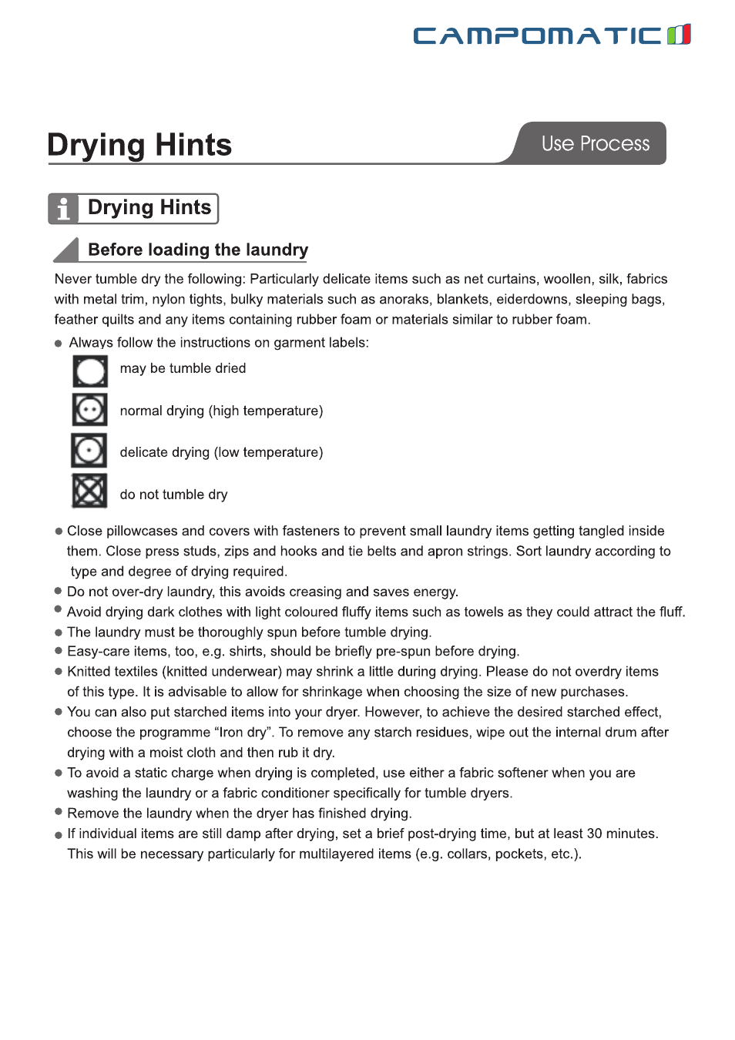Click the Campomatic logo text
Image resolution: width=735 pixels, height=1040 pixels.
[537, 35]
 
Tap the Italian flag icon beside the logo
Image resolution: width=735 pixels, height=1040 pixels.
[679, 35]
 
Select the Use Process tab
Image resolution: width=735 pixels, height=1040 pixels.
[595, 143]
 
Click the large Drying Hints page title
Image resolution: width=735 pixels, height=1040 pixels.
[139, 145]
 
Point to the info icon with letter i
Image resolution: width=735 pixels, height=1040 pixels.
[63, 209]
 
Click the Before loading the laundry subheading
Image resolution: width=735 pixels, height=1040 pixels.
[198, 250]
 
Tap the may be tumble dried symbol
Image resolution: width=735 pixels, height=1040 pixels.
[90, 371]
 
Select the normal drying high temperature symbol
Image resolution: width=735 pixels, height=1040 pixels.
[90, 410]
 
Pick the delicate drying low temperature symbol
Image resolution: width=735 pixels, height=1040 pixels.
[89, 451]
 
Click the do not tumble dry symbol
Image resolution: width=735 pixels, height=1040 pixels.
[89, 491]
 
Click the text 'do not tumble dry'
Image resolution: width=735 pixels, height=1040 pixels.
[173, 495]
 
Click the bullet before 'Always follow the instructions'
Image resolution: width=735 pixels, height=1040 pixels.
[59, 344]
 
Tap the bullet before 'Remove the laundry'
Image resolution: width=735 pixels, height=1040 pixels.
[59, 812]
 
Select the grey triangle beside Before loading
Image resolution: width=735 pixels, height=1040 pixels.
[68, 250]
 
